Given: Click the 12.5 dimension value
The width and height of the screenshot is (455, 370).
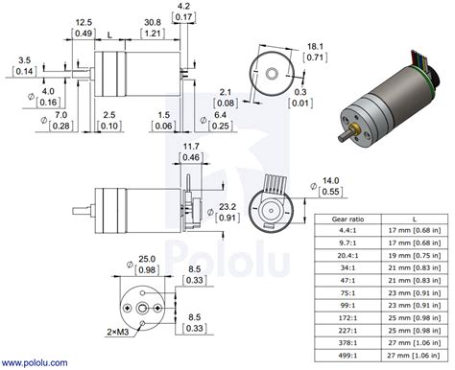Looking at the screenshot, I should (x=83, y=22).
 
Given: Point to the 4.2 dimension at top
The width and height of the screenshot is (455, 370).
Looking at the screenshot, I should (x=183, y=7).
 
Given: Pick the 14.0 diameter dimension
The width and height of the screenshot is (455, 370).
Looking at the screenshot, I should (x=330, y=180).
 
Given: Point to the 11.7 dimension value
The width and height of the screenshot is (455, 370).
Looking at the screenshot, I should (x=191, y=146).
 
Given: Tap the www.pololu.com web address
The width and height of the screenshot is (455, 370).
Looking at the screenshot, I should (x=38, y=362).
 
